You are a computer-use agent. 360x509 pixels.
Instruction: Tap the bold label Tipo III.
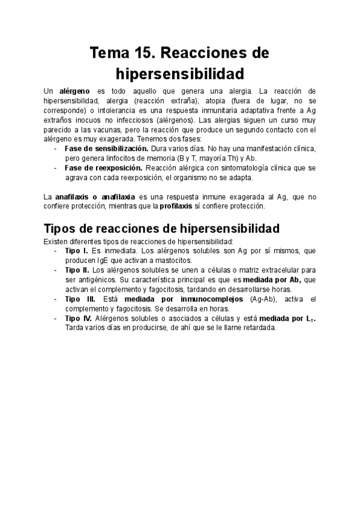pos(80,298)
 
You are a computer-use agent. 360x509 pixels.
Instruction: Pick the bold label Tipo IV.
pos(78,318)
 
